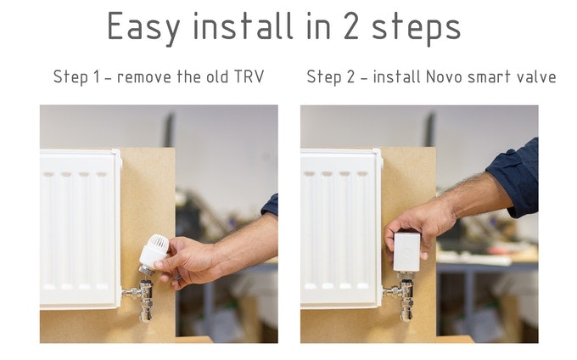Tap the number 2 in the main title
pyautogui.click(x=350, y=25)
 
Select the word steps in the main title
pyautogui.click(x=416, y=29)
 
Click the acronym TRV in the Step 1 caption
pyautogui.click(x=249, y=76)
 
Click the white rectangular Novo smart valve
pyautogui.click(x=406, y=252)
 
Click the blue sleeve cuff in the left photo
pyautogui.click(x=270, y=205)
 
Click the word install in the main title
pyautogui.click(x=243, y=25)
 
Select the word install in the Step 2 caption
pyautogui.click(x=396, y=76)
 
